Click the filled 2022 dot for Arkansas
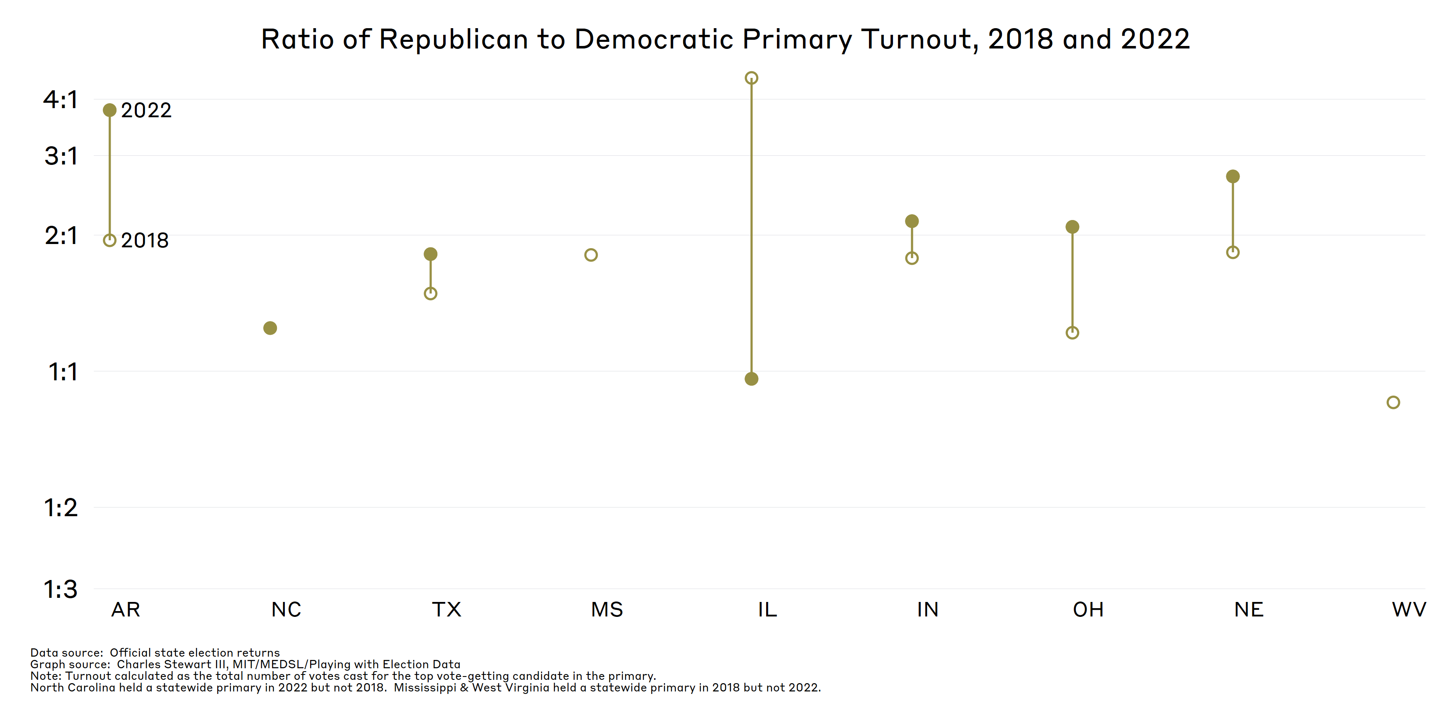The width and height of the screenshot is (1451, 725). click(110, 110)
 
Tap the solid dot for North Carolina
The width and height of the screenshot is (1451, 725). click(270, 328)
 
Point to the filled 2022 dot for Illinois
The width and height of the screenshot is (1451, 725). click(751, 379)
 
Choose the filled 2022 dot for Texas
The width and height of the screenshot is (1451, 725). click(430, 254)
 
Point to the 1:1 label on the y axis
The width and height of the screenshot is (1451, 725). click(63, 372)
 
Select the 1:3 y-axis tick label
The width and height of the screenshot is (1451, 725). click(61, 590)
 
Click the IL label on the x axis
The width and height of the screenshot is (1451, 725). click(767, 609)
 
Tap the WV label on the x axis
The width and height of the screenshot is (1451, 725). click(1409, 609)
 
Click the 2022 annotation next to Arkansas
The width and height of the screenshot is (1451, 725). click(146, 110)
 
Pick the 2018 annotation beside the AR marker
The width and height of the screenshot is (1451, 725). click(145, 240)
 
